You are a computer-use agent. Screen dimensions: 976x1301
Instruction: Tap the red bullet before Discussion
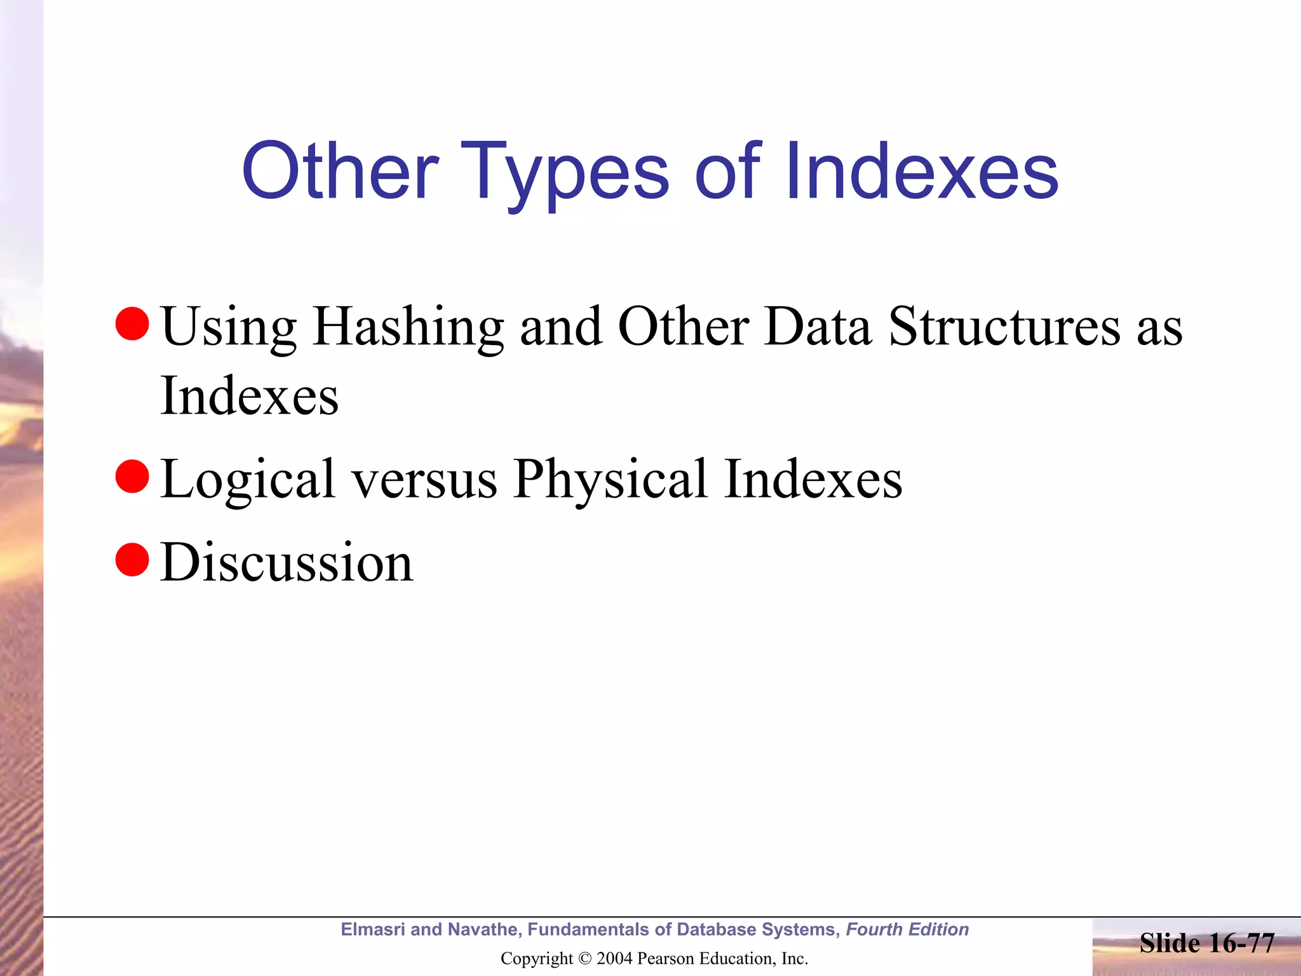point(132,560)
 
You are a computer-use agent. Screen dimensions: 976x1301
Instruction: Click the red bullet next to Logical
point(132,477)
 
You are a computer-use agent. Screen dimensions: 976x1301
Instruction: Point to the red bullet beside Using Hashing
point(132,323)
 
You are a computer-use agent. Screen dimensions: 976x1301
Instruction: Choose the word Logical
point(248,480)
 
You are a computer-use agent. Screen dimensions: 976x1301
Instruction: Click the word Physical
point(610,480)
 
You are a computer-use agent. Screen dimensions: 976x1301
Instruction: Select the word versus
point(425,480)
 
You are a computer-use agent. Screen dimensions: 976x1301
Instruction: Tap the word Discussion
point(286,562)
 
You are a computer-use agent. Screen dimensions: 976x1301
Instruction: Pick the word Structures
point(1004,327)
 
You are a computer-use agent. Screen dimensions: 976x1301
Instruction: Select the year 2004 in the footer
point(614,959)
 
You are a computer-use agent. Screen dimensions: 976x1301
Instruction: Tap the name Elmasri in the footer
point(372,930)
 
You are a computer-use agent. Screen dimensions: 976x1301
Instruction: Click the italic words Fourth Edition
point(907,930)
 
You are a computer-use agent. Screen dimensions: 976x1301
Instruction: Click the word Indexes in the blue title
point(922,172)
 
